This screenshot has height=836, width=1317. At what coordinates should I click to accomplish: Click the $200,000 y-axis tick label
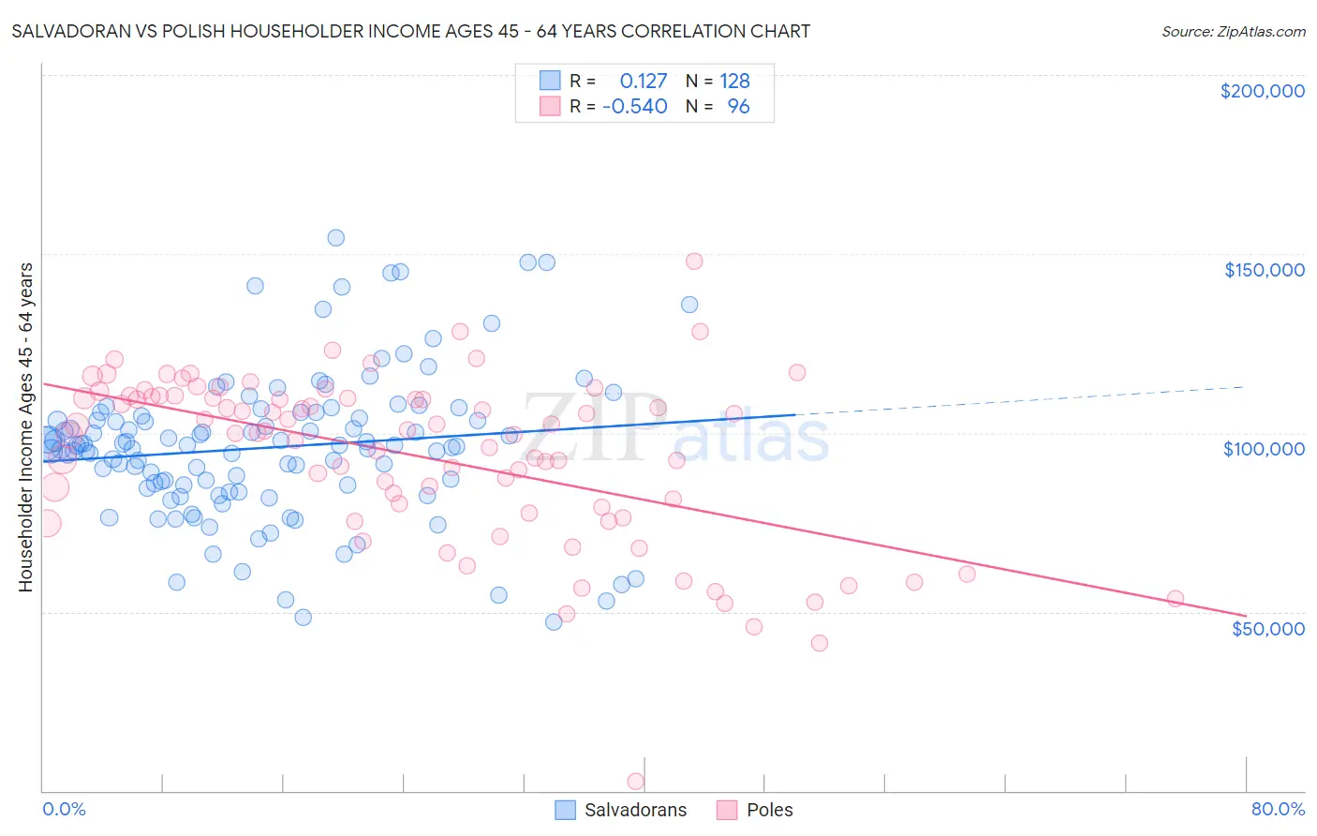(x=1262, y=91)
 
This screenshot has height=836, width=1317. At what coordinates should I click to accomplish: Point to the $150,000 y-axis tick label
(x=1264, y=270)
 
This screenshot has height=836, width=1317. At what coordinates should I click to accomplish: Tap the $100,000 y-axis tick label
(x=1264, y=449)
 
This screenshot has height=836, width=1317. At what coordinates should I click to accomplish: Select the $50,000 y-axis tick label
(x=1267, y=629)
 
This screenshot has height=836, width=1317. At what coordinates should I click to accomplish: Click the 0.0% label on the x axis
(x=64, y=809)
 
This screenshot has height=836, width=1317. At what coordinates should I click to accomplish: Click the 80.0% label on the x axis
(x=1278, y=809)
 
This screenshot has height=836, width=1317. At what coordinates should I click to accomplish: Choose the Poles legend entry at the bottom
(x=769, y=810)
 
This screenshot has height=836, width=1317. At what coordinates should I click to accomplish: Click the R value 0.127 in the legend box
(x=644, y=82)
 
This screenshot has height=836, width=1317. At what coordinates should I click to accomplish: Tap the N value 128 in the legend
(x=734, y=82)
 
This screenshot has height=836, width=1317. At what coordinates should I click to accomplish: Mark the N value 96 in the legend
(x=738, y=107)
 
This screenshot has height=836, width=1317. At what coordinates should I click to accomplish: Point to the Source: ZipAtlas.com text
(x=1233, y=31)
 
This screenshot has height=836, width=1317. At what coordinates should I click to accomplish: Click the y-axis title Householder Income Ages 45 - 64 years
(x=26, y=427)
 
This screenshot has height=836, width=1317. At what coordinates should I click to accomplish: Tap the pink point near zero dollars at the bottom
(x=635, y=781)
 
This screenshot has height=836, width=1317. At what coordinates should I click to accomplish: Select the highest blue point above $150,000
(x=335, y=238)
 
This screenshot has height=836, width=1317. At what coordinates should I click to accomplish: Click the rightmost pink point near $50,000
(x=1175, y=599)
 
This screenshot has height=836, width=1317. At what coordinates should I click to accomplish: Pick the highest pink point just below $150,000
(x=694, y=261)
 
